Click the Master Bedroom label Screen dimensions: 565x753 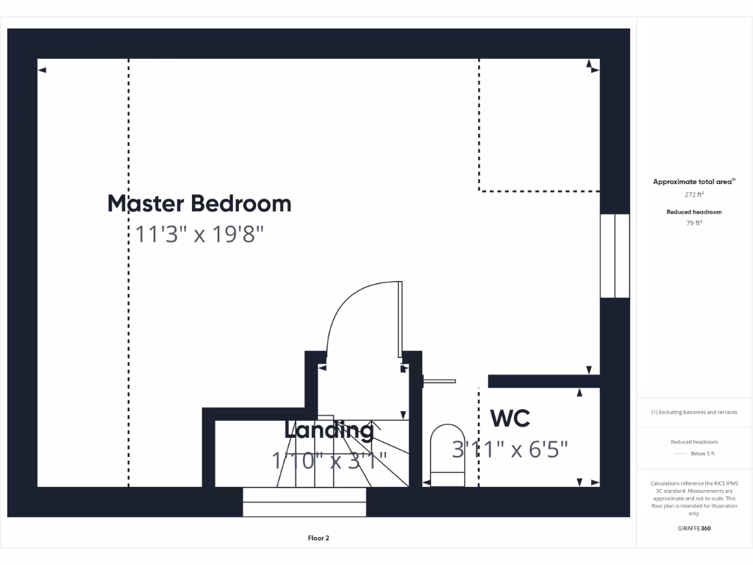click(x=199, y=203)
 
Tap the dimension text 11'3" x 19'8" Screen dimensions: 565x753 click(x=199, y=235)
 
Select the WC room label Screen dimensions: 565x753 click(x=510, y=419)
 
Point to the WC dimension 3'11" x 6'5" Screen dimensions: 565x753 click(x=510, y=449)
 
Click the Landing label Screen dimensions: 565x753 click(x=329, y=430)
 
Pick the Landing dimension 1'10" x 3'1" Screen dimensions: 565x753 click(x=329, y=461)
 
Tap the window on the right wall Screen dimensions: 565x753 click(x=615, y=256)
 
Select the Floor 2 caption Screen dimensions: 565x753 click(x=318, y=539)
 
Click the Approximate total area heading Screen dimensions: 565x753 click(x=694, y=182)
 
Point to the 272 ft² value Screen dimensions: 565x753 click(x=694, y=195)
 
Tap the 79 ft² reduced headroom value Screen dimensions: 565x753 click(x=694, y=224)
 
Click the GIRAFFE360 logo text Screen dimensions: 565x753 click(x=694, y=528)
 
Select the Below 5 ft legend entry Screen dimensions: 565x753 click(x=694, y=454)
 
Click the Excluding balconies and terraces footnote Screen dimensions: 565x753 click(x=694, y=412)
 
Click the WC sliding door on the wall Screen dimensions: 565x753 click(x=440, y=381)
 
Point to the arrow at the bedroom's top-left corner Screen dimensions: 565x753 click(x=42, y=71)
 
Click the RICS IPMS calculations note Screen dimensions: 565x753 click(x=694, y=498)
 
